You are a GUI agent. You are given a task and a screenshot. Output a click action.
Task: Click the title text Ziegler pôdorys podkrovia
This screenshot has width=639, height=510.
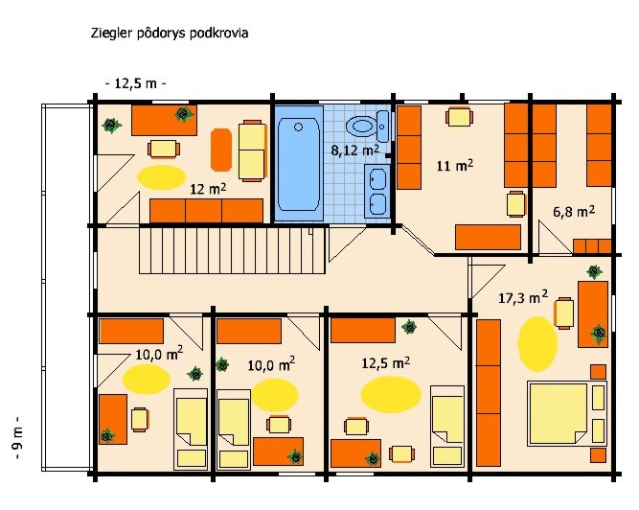[170, 34]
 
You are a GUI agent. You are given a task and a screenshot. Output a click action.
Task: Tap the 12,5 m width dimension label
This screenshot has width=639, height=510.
[136, 84]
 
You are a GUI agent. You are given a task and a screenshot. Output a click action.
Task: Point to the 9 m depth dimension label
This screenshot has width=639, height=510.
[19, 437]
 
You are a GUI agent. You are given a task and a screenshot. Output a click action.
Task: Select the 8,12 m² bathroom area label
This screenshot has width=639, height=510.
[355, 150]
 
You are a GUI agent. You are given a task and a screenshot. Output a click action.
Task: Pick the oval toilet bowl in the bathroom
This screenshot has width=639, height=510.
[361, 125]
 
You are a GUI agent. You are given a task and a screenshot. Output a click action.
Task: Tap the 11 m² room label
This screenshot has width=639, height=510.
[455, 166]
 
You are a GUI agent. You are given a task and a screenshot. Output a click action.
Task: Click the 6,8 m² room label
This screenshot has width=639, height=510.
[574, 212]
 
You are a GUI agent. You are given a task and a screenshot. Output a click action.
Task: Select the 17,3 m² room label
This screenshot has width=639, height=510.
[523, 297]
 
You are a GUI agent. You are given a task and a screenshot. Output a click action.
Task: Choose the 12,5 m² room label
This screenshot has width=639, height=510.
[385, 362]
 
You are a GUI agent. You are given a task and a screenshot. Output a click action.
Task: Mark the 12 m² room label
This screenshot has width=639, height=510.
[208, 189]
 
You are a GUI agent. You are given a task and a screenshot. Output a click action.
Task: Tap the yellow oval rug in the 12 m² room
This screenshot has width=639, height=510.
[161, 177]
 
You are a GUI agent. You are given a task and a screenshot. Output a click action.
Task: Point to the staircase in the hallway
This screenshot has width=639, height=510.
[232, 250]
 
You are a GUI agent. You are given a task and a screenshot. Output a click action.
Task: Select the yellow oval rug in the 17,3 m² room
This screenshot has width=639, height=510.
[537, 344]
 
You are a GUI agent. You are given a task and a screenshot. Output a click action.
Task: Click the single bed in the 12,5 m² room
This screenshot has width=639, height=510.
[447, 426]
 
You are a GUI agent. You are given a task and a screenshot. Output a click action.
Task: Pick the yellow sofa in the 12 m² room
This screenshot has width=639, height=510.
[252, 151]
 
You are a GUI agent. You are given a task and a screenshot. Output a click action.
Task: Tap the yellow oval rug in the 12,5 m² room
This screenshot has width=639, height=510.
[391, 395]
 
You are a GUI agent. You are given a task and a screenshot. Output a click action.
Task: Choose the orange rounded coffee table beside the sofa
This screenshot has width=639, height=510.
[221, 150]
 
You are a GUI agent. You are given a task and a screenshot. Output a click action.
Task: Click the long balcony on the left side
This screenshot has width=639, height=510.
[66, 288]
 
